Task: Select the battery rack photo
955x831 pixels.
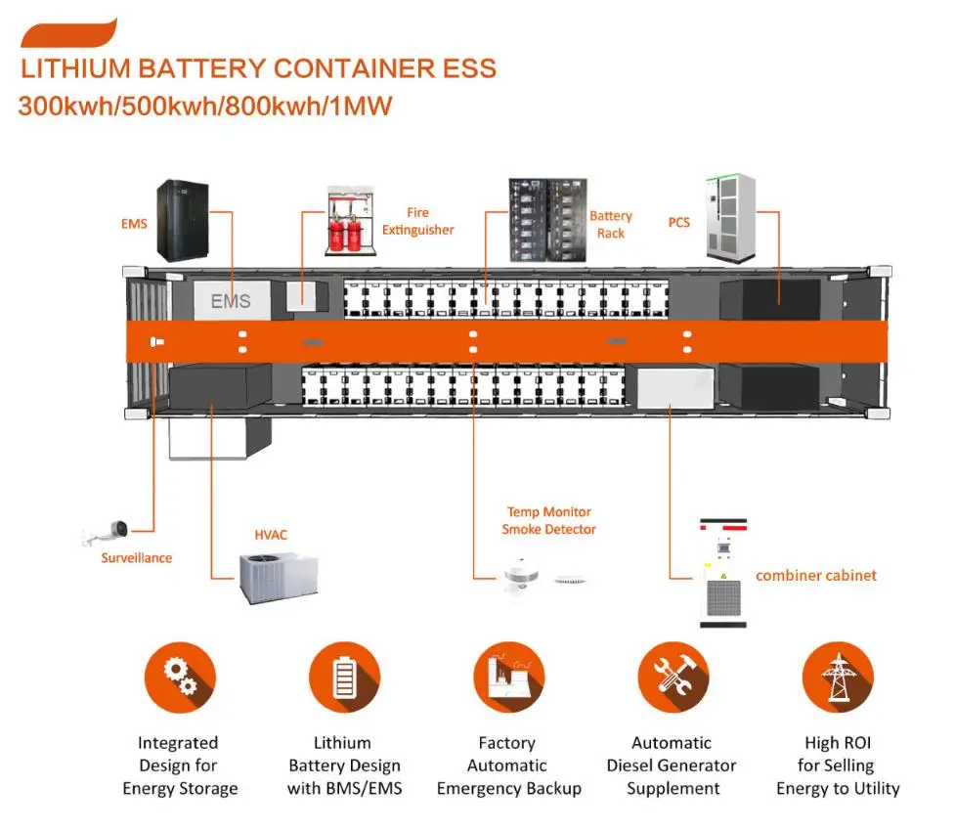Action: tap(546, 220)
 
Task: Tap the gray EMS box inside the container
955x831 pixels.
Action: tap(231, 300)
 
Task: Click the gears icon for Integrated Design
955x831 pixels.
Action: tap(180, 678)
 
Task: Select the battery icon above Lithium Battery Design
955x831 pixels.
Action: tap(344, 678)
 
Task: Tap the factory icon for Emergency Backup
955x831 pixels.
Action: tap(508, 678)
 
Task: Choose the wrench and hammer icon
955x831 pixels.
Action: tap(673, 678)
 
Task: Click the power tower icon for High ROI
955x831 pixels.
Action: tap(837, 678)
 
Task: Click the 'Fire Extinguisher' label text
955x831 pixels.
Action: tap(417, 221)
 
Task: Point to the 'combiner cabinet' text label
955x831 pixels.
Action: tap(815, 575)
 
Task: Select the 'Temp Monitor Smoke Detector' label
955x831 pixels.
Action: tap(548, 520)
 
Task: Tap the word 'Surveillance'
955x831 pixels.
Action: tap(137, 557)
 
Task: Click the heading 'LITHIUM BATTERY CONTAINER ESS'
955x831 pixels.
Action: tap(258, 69)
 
